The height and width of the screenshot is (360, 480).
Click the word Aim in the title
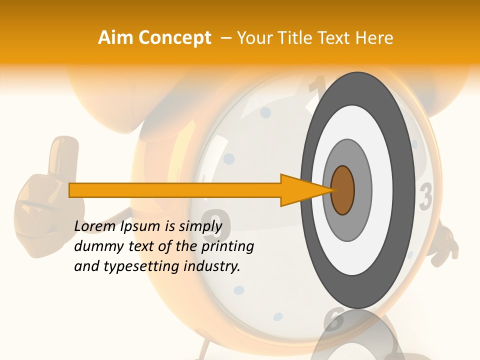point(115,38)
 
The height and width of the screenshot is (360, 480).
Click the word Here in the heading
point(374,38)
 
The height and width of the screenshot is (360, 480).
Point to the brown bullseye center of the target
point(342,190)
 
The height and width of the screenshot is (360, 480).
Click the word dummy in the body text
point(95,247)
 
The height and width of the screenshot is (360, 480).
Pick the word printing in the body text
point(227,247)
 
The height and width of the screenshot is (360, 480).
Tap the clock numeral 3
point(425,196)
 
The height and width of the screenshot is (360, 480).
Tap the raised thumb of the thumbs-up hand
point(65,150)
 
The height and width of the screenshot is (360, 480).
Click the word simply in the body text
point(200,227)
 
